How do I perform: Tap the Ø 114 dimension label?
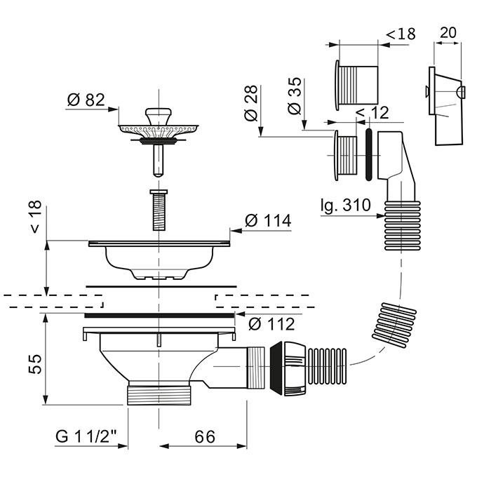pyautogui.click(x=267, y=221)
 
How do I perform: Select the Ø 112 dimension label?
pyautogui.click(x=271, y=325)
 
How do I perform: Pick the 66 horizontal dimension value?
pyautogui.click(x=203, y=436)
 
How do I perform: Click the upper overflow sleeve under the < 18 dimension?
pyautogui.click(x=357, y=84)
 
